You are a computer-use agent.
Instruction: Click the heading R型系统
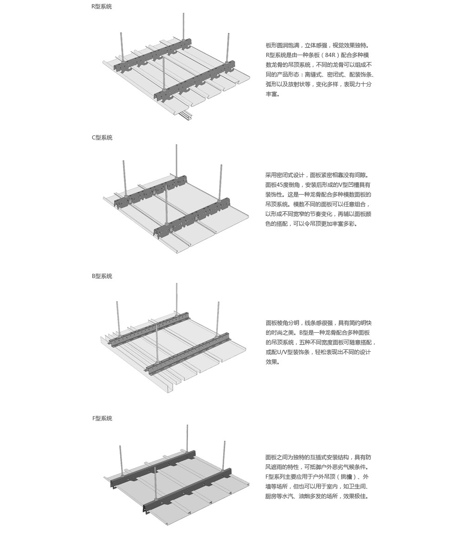pos(102,6)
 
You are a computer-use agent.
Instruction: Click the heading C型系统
pos(102,137)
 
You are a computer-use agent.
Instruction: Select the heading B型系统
pos(102,276)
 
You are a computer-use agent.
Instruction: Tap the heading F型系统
pos(102,418)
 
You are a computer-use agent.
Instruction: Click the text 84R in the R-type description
pos(331,55)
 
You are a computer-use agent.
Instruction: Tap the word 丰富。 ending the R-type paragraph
pos(273,94)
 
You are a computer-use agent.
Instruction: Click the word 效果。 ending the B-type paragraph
pos(273,362)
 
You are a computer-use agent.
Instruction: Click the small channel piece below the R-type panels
pos(186,114)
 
